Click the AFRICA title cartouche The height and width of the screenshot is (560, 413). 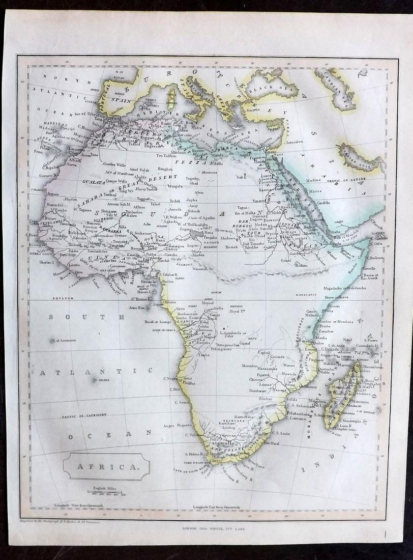[x=107, y=466]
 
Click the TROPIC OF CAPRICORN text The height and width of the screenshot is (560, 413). [x=84, y=415]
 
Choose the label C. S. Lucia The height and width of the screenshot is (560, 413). [x=281, y=433]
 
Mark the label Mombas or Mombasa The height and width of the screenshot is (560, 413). [x=334, y=323]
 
